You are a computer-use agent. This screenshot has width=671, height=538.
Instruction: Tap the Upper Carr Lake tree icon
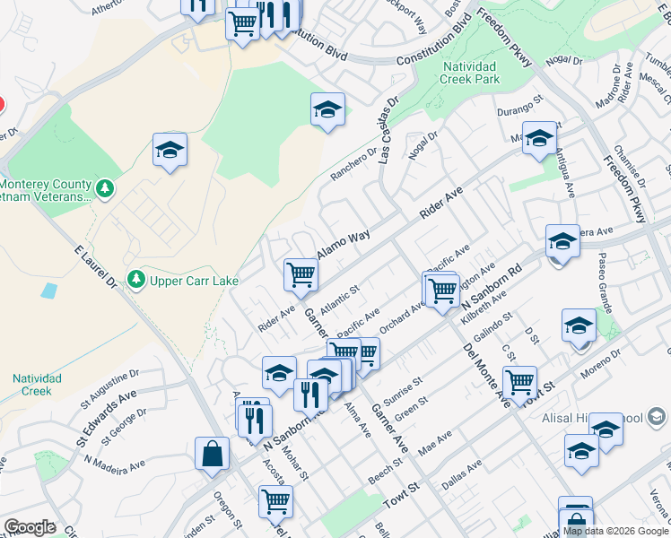pos(136,281)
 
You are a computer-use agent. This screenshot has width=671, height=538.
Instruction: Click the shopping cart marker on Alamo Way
pos(301,273)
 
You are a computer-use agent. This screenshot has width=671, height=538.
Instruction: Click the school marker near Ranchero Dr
pos(328,110)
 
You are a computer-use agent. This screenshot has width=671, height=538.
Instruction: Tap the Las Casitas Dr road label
pos(387,131)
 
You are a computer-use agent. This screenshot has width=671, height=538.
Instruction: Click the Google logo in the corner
pos(29,527)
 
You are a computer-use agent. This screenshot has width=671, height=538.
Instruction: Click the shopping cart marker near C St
pos(519,382)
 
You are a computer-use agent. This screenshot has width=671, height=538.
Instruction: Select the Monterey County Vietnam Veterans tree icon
pos(106,188)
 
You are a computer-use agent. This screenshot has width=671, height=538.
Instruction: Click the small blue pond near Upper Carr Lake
pos(48,291)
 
